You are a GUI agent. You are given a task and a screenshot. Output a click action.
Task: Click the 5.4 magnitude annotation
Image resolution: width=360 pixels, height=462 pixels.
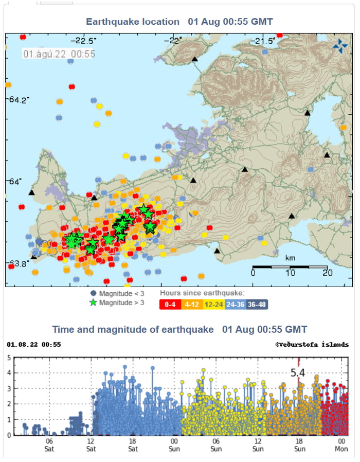click(299, 373)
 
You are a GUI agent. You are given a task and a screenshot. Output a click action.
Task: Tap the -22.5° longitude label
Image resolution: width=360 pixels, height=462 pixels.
click(82, 41)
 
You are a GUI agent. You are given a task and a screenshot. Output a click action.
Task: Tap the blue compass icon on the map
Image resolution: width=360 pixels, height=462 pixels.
click(340, 46)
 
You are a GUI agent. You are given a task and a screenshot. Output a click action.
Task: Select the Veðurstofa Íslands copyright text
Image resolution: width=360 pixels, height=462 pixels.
click(312, 344)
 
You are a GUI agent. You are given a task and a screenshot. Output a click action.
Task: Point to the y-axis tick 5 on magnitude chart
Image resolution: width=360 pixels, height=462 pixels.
click(9, 357)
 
